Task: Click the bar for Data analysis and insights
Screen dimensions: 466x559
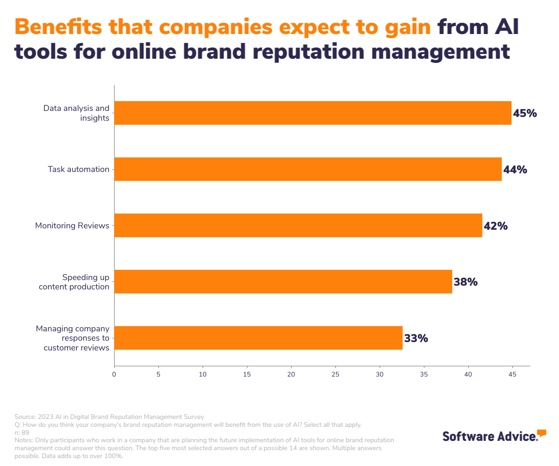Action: coord(313,113)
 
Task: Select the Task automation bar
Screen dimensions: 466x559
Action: coord(308,169)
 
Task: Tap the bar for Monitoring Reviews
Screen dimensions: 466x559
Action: coord(298,226)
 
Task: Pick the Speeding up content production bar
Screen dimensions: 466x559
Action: coord(283,281)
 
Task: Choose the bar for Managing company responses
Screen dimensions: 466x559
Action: coord(258,338)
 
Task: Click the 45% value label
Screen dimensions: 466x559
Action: coord(525,113)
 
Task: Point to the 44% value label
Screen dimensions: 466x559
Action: coord(515,170)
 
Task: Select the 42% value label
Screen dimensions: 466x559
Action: coord(496,226)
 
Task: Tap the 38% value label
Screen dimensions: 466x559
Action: coord(466,282)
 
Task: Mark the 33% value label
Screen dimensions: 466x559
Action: coord(416,338)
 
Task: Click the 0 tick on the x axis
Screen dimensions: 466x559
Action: coord(114,374)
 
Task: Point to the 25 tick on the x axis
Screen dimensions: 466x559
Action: coord(335,374)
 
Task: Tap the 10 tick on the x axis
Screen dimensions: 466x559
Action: coord(203,374)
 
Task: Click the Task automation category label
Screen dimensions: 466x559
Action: coord(78,169)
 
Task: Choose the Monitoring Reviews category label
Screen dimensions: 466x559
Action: coord(72,226)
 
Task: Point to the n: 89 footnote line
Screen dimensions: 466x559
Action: coord(22,432)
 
